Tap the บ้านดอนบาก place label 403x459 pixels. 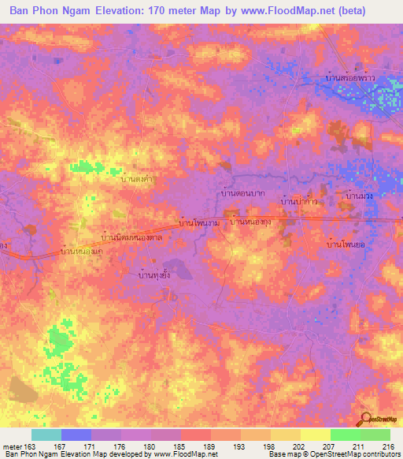pos(241,192)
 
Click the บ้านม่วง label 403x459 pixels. pos(359,194)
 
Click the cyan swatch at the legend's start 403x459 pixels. pos(46,435)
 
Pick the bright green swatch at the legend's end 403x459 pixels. pos(375,435)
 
